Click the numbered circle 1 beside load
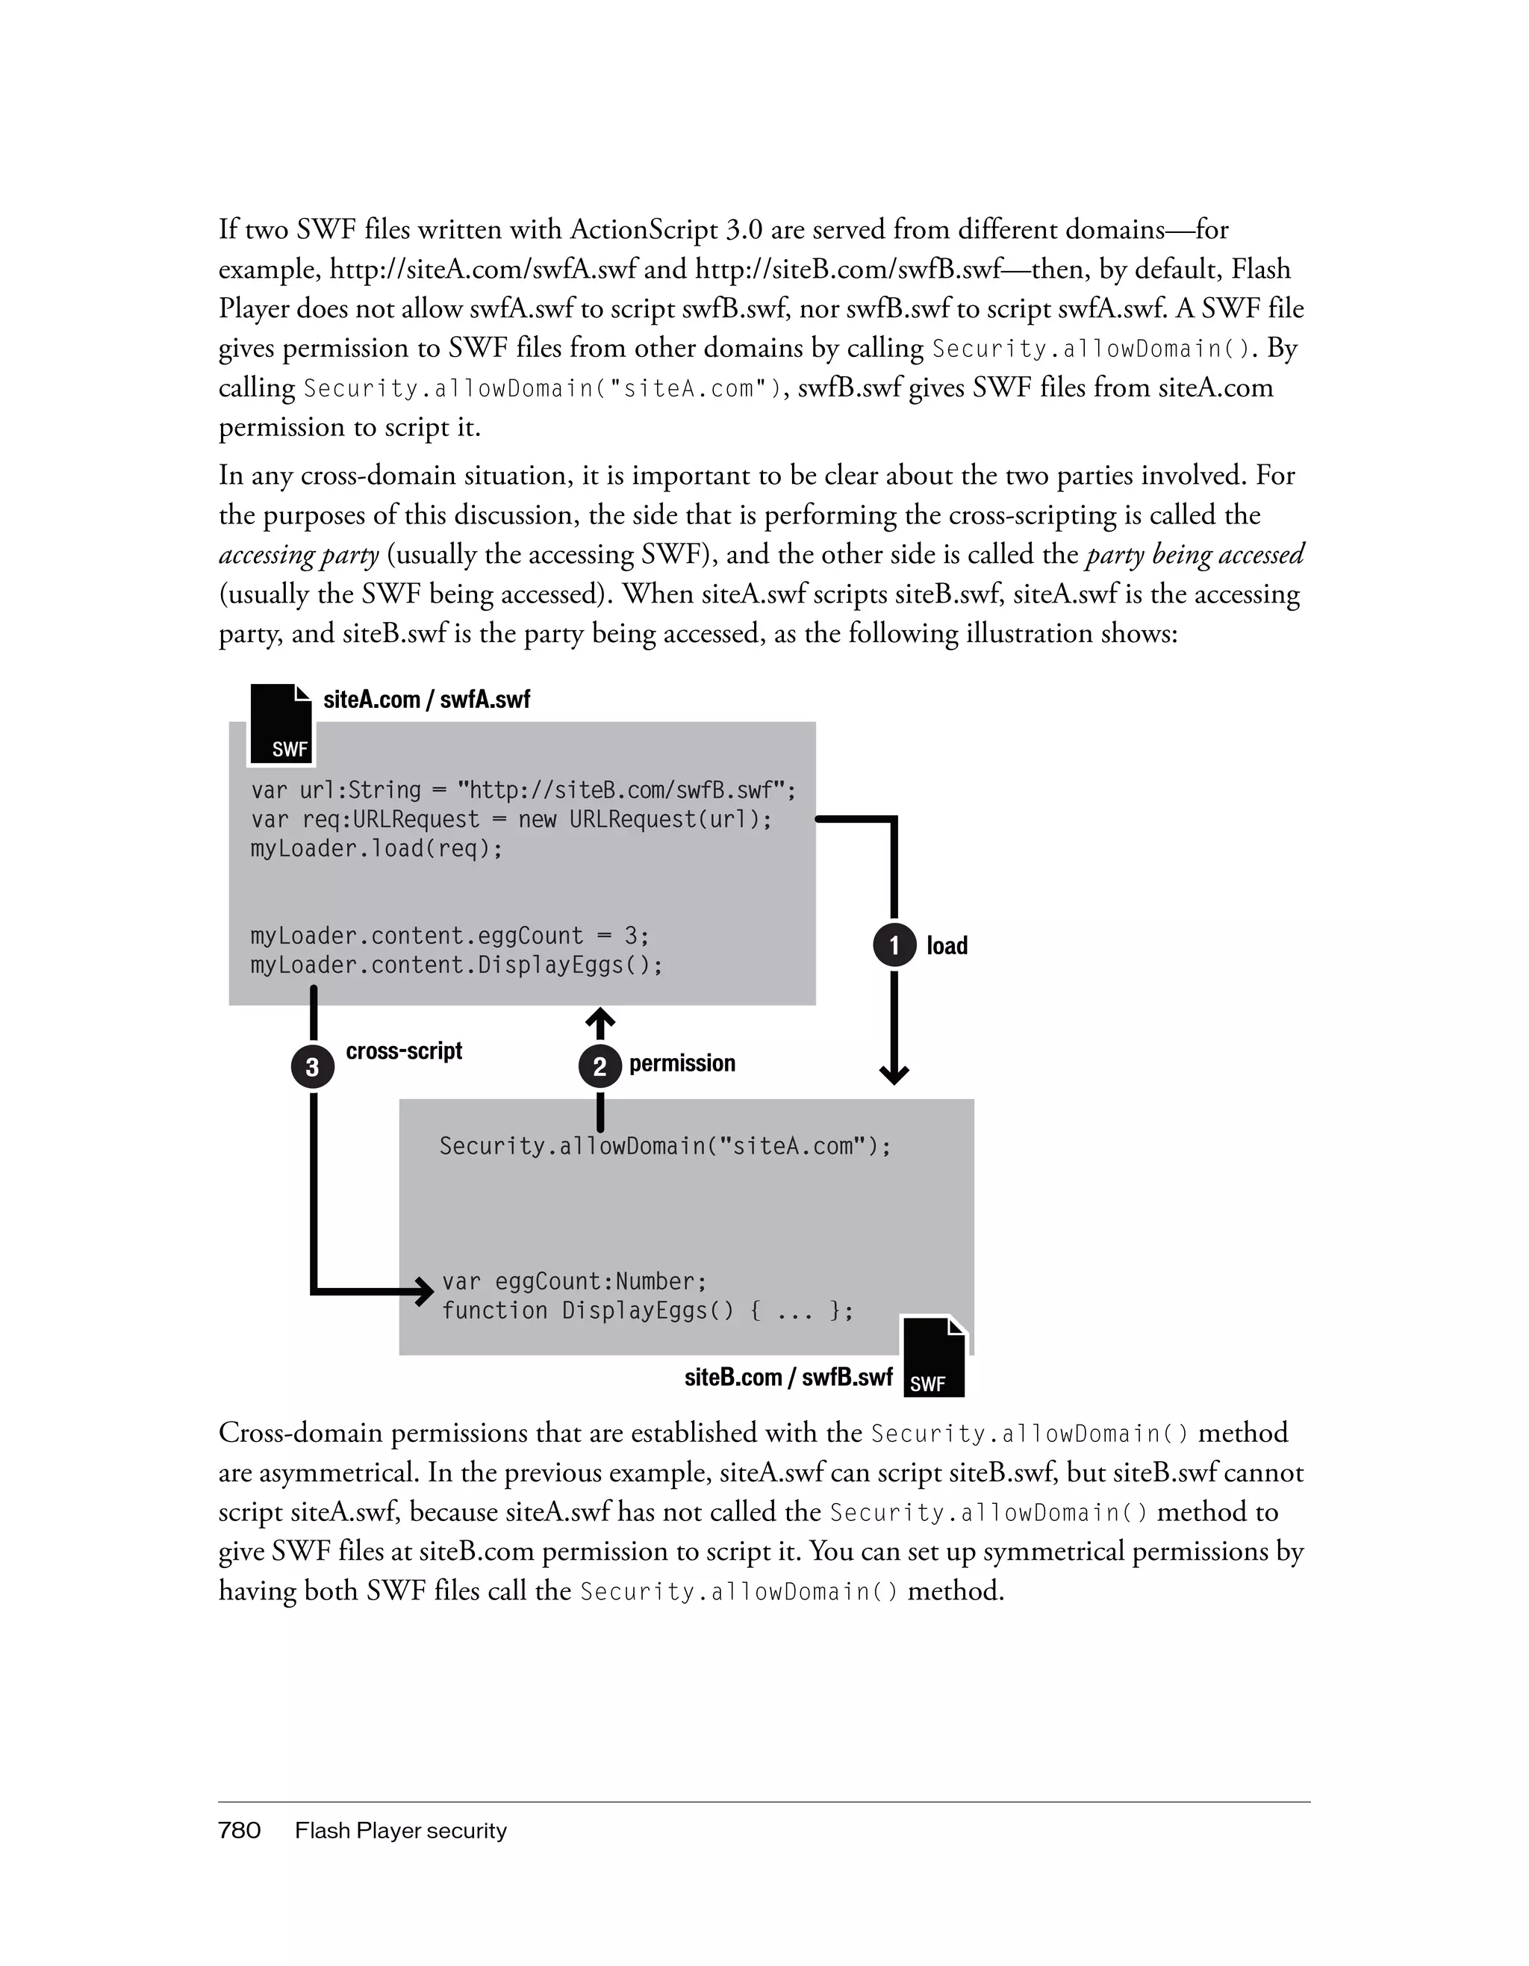pyautogui.click(x=894, y=945)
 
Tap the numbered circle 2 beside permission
pyautogui.click(x=600, y=1067)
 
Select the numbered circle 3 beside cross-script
pyautogui.click(x=312, y=1067)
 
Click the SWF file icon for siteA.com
pyautogui.click(x=281, y=724)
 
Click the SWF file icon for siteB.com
pyautogui.click(x=933, y=1357)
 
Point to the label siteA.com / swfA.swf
pyautogui.click(x=426, y=700)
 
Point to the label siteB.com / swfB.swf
pyautogui.click(x=788, y=1378)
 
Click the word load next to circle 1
pyautogui.click(x=947, y=945)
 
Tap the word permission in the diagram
pyautogui.click(x=682, y=1063)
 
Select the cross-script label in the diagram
pyautogui.click(x=404, y=1051)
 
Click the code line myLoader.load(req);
pyautogui.click(x=376, y=849)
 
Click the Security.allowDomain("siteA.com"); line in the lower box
pyautogui.click(x=664, y=1146)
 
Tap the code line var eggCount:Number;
pyautogui.click(x=574, y=1281)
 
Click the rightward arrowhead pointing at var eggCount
pyautogui.click(x=425, y=1292)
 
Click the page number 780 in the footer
pyautogui.click(x=240, y=1830)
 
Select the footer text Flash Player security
pyautogui.click(x=400, y=1830)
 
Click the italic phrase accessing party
pyautogui.click(x=299, y=555)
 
